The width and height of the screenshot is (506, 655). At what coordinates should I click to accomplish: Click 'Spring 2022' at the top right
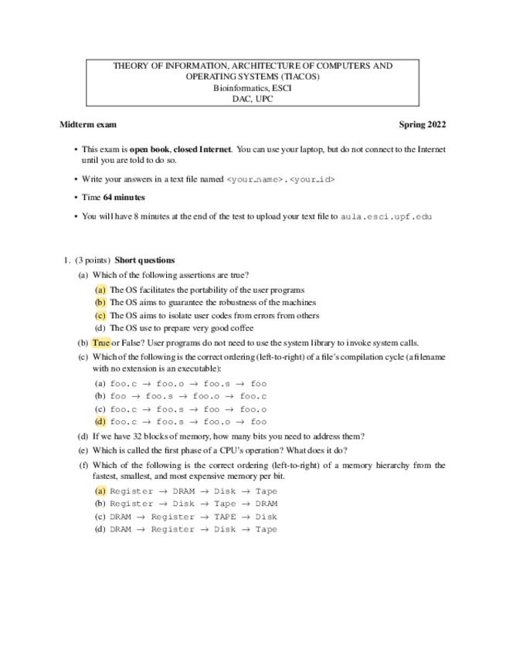422,124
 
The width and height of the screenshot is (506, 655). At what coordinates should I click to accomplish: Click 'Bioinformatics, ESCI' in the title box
253,87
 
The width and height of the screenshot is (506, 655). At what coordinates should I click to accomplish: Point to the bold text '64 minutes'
124,198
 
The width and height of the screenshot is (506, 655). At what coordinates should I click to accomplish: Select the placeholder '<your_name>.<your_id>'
281,179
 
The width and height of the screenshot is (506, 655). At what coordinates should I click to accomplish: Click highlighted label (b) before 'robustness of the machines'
100,303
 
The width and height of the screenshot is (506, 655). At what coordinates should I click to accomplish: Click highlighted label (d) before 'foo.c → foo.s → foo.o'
100,422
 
